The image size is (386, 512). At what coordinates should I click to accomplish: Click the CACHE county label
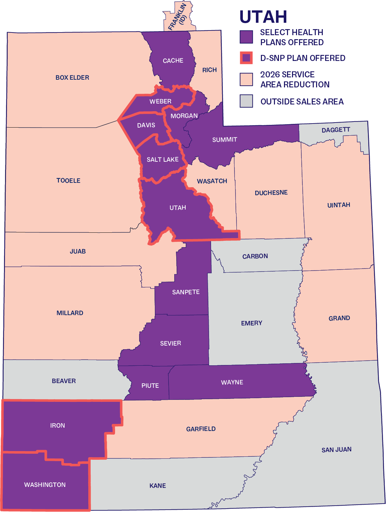pos(173,61)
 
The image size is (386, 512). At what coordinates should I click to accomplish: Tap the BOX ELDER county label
pos(72,77)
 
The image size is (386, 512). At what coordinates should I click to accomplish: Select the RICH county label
pos(209,70)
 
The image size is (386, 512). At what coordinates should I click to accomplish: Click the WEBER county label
pos(161,101)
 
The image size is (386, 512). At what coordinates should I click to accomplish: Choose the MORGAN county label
pos(184,116)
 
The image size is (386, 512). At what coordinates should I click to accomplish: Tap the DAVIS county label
pos(146,125)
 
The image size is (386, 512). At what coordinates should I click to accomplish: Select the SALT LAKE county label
pos(163,160)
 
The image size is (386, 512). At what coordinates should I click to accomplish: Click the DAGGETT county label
pos(336,130)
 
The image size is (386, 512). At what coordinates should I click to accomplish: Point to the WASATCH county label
pos(212,181)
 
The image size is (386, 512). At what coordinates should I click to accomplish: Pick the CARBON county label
pos(255,256)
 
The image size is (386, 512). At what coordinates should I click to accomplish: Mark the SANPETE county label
pos(186,292)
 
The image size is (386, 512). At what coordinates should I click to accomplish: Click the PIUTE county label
pos(150,386)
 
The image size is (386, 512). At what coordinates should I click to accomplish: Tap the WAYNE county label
pos(232,382)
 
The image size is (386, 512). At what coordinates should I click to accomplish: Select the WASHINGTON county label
pos(45,485)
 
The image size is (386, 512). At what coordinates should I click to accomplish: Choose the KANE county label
pos(158,486)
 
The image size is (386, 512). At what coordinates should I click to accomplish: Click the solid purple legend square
pos(246,37)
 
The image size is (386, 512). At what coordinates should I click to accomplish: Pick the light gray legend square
pos(246,101)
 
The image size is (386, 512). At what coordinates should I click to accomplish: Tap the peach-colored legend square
pos(246,79)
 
